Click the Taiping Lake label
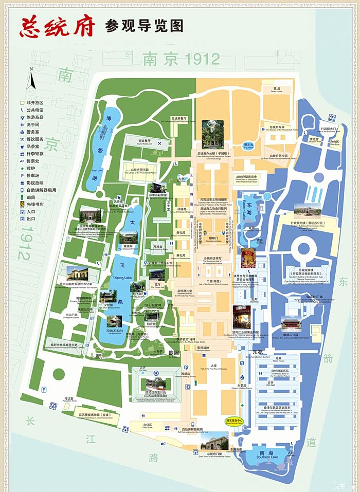[x=122, y=277]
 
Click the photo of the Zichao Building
[x=212, y=134]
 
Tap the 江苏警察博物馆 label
[x=92, y=415]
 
